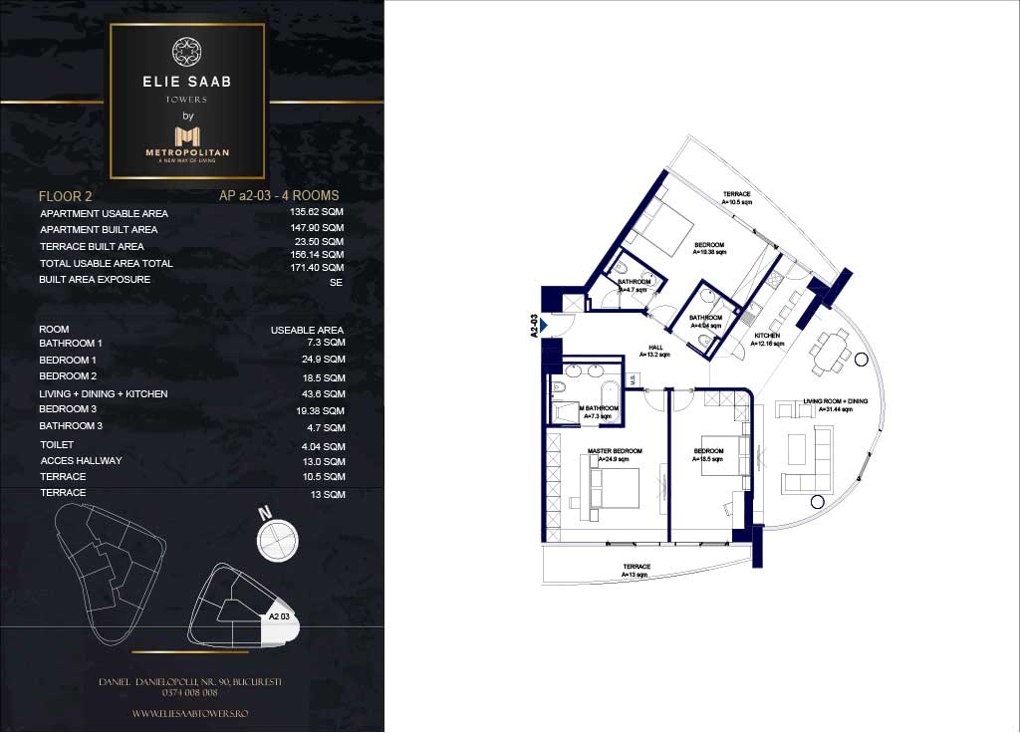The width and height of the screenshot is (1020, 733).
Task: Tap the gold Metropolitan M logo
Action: [x=187, y=135]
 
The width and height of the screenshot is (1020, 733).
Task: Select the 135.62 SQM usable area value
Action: [x=323, y=213]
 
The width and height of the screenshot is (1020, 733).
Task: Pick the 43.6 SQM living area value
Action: [x=325, y=394]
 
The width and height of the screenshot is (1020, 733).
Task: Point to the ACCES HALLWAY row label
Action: [x=82, y=461]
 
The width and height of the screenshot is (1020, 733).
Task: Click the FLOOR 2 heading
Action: [x=66, y=196]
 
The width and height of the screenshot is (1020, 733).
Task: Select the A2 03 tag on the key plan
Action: [x=280, y=617]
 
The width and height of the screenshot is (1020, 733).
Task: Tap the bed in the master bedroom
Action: [x=614, y=487]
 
